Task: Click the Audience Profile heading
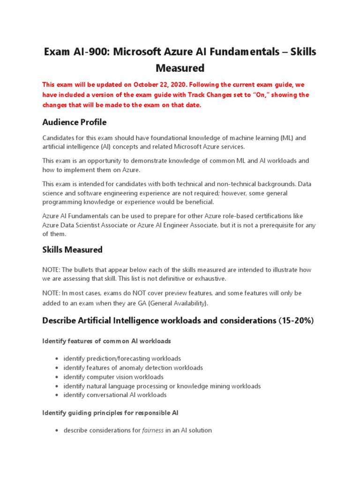click(75, 122)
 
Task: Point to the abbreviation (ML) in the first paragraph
click(287, 138)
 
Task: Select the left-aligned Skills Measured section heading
click(72, 250)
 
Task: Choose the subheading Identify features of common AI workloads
click(106, 341)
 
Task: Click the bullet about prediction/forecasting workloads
click(122, 359)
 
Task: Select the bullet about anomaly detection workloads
click(133, 368)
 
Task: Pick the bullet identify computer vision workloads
click(113, 377)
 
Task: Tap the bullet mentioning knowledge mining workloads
click(162, 386)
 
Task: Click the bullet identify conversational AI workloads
click(115, 395)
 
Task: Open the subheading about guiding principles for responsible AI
click(110, 413)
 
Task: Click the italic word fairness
click(152, 430)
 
